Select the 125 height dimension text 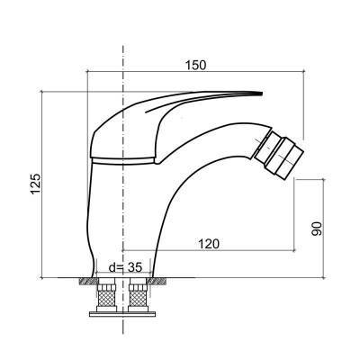34,183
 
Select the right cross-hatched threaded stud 138,295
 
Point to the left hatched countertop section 85,282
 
